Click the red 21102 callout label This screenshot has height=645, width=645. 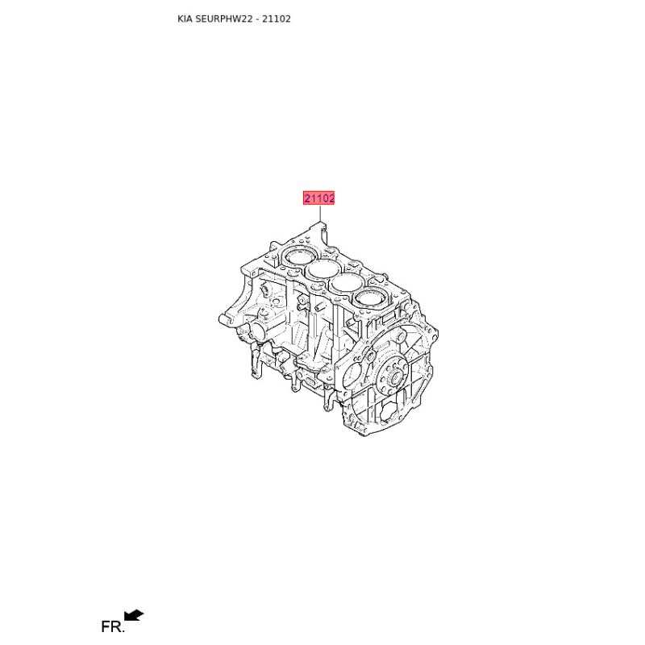point(318,198)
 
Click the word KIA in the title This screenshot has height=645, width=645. point(185,19)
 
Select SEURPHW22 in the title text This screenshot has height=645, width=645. point(224,19)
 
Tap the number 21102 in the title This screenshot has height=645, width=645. point(277,19)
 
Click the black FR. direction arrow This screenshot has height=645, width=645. point(134,615)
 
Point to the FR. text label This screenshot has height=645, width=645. point(112,627)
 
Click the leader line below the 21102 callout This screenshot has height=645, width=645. point(319,214)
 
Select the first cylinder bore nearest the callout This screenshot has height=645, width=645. point(298,257)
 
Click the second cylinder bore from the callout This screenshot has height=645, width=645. point(324,269)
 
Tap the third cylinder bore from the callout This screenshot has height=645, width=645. point(347,284)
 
